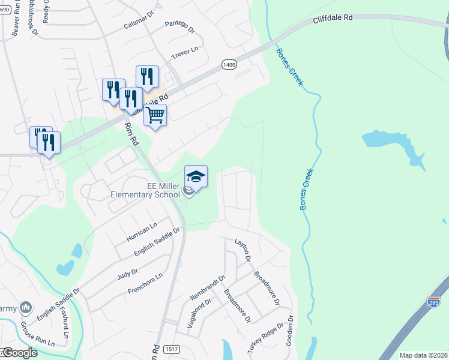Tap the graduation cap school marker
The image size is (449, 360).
[x=196, y=176]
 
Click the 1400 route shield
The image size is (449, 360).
[x=229, y=65]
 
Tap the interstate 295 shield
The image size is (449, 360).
[x=434, y=303]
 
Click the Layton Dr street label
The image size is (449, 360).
[x=243, y=249]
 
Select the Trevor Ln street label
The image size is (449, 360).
[x=184, y=53]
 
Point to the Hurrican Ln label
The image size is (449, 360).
[x=142, y=231]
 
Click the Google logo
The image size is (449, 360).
[x=19, y=353]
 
